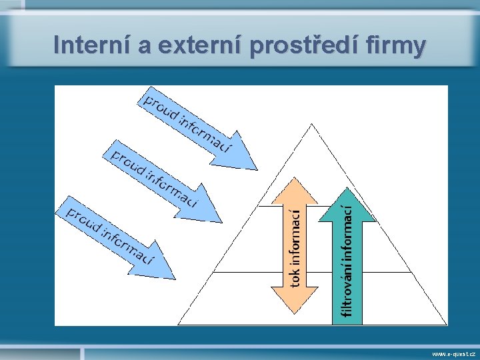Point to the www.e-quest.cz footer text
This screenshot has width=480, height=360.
[x=453, y=354]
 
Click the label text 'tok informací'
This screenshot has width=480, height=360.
[x=295, y=245]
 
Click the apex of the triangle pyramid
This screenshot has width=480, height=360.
[x=312, y=124]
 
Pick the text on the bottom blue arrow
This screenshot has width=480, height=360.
[x=111, y=234]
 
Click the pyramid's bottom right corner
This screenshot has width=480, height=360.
[x=445, y=323]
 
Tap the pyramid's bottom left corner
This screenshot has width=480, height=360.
[x=179, y=323]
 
